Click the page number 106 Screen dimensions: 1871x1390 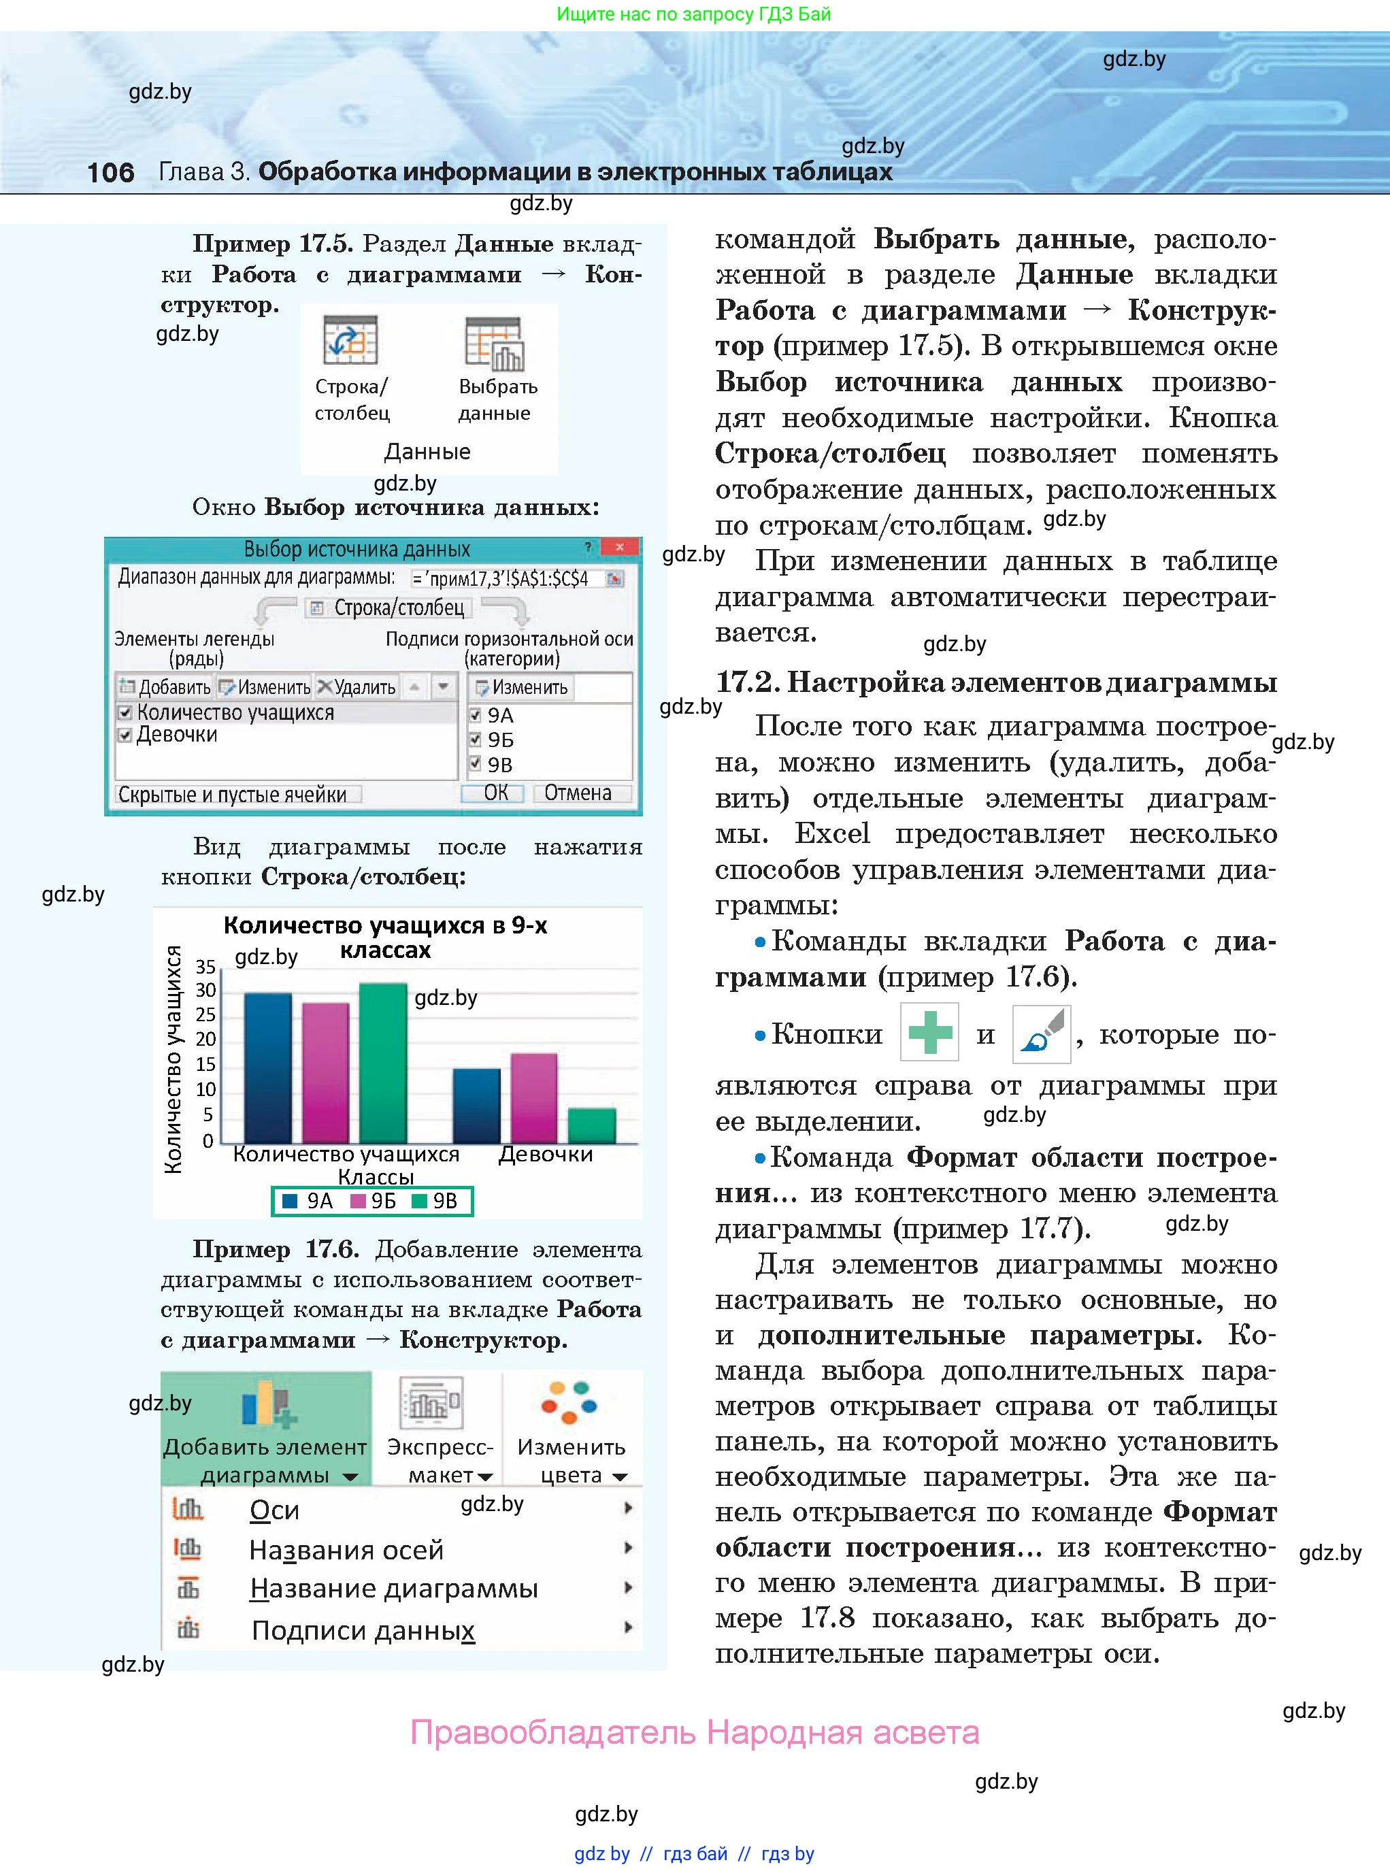pos(110,172)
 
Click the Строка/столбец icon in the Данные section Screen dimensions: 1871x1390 pos(350,340)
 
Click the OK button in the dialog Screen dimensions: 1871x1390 pos(495,793)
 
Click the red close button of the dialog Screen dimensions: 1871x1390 pos(619,548)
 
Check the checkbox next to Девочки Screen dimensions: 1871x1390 pos(125,735)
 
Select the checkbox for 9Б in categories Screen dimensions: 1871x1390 pos(476,740)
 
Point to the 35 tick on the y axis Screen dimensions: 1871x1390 pos(205,967)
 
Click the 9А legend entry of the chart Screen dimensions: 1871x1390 pos(309,1202)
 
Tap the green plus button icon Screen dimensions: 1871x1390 pos(929,1032)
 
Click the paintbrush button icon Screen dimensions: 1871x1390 pos(1041,1032)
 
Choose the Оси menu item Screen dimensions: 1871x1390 pos(274,1510)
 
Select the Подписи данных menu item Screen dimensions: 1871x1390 pos(363,1630)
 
